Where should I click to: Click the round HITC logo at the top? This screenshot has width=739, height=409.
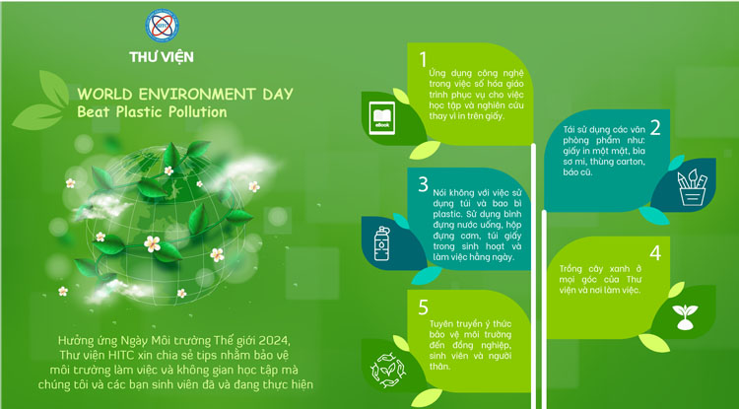[162, 26]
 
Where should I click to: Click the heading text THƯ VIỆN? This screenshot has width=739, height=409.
[162, 57]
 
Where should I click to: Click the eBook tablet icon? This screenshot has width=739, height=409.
[381, 118]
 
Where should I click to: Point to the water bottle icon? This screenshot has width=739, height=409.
[381, 243]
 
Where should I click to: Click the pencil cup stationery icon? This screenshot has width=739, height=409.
[693, 188]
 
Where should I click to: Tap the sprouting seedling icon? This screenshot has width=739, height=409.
[685, 316]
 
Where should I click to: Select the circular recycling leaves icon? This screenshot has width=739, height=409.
[388, 371]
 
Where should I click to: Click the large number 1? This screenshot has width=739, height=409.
[423, 60]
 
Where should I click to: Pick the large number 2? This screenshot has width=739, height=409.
[655, 128]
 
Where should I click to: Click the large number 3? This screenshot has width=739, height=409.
[424, 184]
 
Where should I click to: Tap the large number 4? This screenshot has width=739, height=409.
[655, 253]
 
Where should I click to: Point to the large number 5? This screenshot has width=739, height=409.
[424, 307]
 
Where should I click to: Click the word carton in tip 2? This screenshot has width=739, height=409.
[630, 162]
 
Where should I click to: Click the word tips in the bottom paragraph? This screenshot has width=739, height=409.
[197, 355]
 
